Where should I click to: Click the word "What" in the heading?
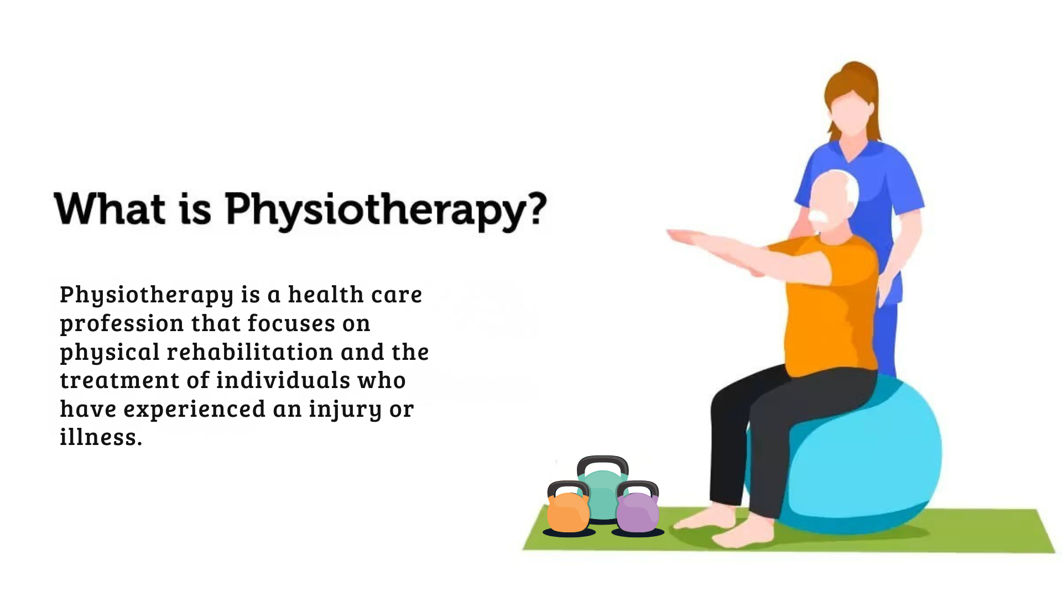coord(110,209)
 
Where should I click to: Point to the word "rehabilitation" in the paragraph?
coord(250,352)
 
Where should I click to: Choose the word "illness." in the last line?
coord(101,437)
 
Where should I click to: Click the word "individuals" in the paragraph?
coord(283,380)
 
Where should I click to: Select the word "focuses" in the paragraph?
coord(291,323)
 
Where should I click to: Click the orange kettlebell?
coord(568,512)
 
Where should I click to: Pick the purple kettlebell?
coord(637,512)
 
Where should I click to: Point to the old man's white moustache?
coord(819,216)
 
